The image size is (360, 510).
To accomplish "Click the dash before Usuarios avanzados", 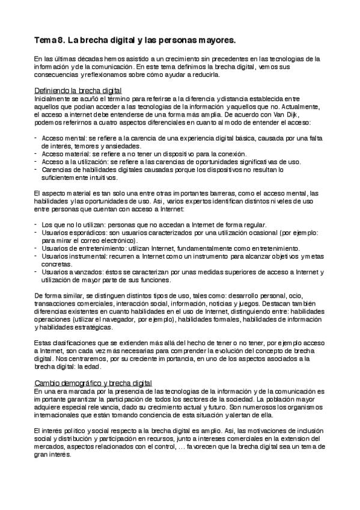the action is tap(36, 271).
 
